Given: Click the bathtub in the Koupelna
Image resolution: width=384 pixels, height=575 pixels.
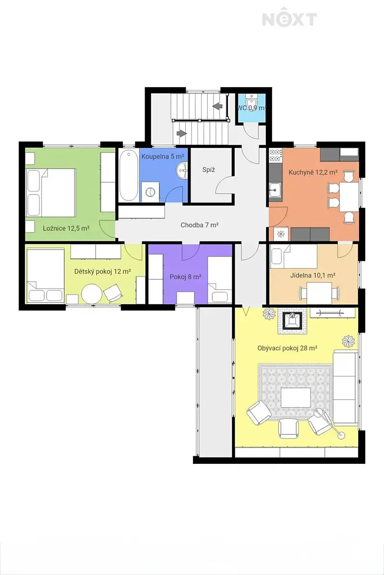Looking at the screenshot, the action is [128, 176].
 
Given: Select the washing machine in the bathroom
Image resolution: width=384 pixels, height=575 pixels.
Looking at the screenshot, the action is [150, 192].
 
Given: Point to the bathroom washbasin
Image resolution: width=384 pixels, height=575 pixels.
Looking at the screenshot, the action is [182, 170].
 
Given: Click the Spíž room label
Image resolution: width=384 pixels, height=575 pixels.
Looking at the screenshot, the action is [209, 170].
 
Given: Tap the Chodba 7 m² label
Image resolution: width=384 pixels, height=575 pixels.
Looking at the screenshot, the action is [200, 225].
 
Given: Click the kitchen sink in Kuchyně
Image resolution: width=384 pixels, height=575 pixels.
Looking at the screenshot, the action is [276, 190].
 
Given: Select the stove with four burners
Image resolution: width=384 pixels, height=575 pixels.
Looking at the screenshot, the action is [276, 156].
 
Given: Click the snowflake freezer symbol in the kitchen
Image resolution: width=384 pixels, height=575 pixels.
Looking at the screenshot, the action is [281, 234].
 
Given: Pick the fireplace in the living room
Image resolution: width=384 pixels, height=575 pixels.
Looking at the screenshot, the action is [292, 321].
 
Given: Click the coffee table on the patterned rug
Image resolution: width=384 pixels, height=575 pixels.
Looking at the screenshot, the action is [296, 398].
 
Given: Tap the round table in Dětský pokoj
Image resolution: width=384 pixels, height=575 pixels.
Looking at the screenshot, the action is [92, 294].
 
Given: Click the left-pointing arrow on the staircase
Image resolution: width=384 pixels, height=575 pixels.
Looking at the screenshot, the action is [218, 106].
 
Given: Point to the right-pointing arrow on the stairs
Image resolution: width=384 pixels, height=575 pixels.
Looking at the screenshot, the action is [182, 134].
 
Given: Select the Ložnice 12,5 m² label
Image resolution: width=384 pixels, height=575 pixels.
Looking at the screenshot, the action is [66, 228].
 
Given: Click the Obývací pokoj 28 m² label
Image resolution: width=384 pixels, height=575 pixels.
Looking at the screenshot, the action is [287, 348].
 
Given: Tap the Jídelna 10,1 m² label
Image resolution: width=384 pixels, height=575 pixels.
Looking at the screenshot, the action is [312, 276].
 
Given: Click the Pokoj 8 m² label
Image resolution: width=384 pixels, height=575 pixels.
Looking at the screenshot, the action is [185, 277].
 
